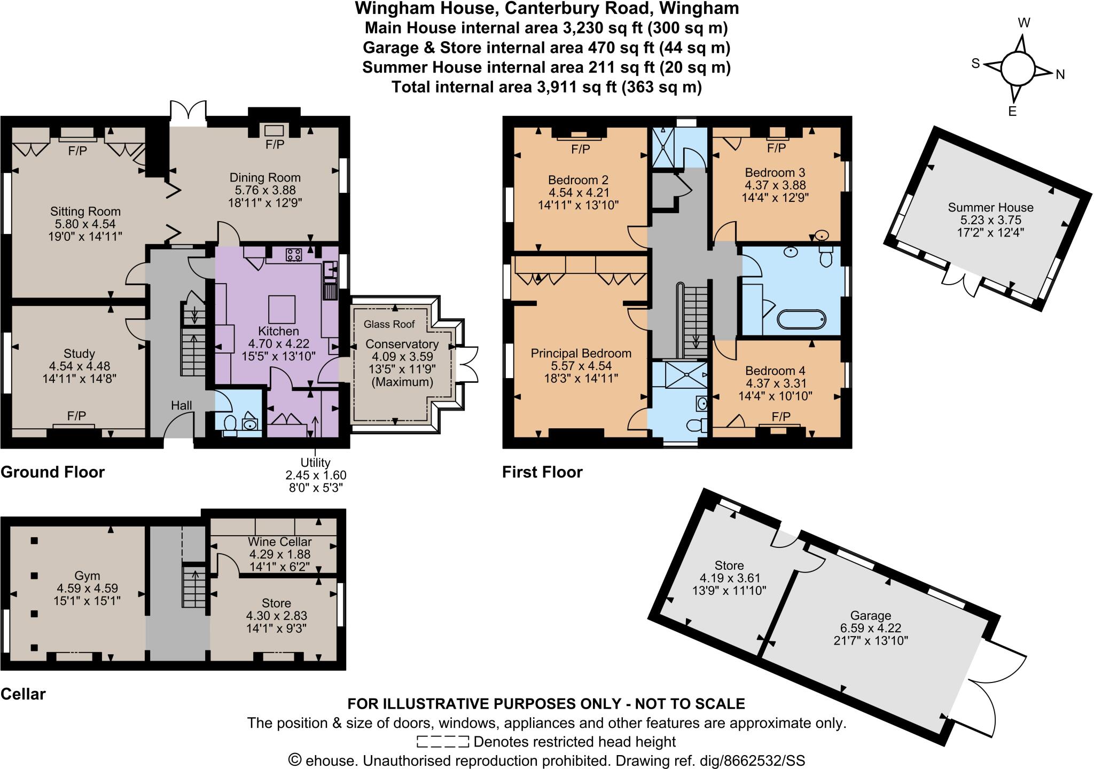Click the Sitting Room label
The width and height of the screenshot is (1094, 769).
pos(85,211)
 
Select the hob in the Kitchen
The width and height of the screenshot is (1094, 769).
pos(293,255)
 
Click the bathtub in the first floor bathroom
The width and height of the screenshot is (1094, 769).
pos(801,320)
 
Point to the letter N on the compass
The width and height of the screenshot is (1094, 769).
pos(1060,75)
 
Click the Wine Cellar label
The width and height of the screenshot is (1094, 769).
pos(279,542)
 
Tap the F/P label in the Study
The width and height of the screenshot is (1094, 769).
pos(76,415)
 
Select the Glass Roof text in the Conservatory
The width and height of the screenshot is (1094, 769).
pos(389,324)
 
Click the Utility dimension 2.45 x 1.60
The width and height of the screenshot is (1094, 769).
pos(316,475)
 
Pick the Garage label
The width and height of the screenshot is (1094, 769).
pos(871,616)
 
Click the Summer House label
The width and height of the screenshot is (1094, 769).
pos(990,207)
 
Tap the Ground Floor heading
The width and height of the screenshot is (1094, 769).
pos(52,472)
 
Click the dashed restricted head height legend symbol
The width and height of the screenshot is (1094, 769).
pos(442,742)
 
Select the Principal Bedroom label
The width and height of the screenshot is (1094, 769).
pos(581,353)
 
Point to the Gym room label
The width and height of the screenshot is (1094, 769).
pos(87,576)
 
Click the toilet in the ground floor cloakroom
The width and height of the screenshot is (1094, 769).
pos(230,424)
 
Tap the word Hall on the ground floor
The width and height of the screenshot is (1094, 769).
pos(182,405)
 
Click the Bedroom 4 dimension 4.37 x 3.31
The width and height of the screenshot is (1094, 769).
pos(776,383)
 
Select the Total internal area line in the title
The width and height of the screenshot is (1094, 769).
pos(546,87)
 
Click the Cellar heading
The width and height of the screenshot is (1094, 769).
pos(23,694)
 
